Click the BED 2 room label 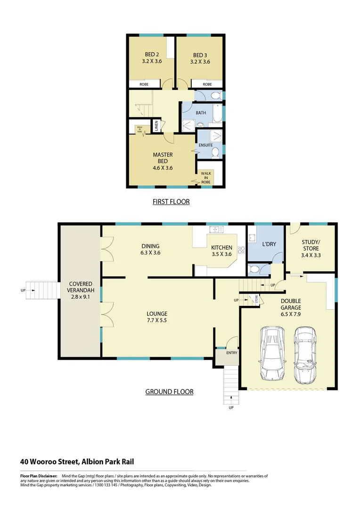pos(152,58)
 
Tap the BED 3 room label pos(199,58)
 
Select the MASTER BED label pos(163,161)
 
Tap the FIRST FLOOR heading pos(171,202)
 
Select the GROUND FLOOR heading pos(169,392)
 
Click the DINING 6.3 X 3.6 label pos(150,249)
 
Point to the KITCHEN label pos(221,251)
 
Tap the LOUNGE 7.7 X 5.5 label pos(157,317)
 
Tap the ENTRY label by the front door pos(232,353)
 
